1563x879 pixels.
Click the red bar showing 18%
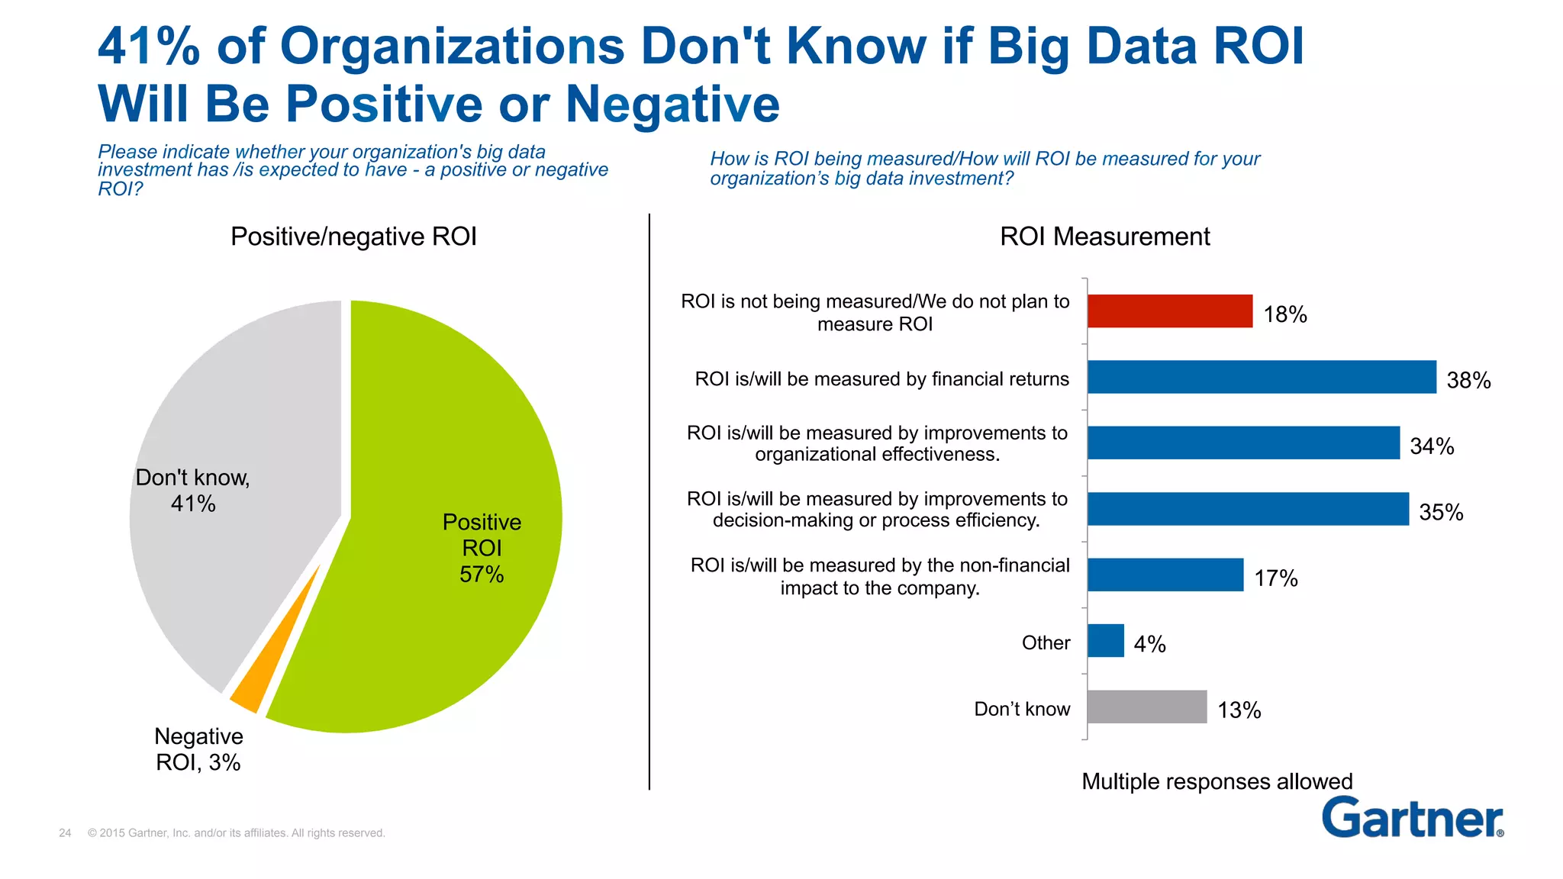[x=1169, y=311]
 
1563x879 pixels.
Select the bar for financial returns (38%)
[x=1261, y=377]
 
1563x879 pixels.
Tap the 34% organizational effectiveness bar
[x=1242, y=443]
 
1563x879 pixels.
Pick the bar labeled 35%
[x=1247, y=509]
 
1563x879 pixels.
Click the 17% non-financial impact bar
[x=1165, y=575]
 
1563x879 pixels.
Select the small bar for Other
[x=1105, y=641]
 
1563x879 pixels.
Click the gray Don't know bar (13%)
[x=1146, y=707]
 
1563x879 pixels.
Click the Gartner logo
[x=1412, y=818]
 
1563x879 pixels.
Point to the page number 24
[x=65, y=833]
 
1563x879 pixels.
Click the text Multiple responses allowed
[x=1217, y=781]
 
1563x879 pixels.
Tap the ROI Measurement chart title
[x=1104, y=237]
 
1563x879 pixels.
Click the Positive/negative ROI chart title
[x=353, y=237]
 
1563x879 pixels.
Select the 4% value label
[x=1149, y=644]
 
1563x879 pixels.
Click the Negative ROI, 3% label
[x=198, y=749]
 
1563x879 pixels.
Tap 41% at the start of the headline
[x=149, y=47]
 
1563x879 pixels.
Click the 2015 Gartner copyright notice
[x=236, y=833]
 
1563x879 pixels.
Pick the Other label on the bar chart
[x=1046, y=643]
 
